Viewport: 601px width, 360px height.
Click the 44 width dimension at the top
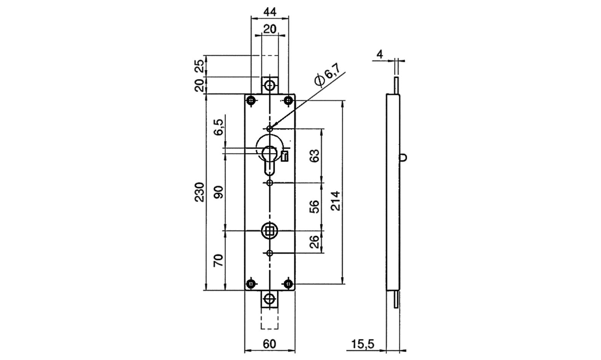[x=270, y=11]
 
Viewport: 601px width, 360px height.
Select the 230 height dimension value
[x=200, y=192]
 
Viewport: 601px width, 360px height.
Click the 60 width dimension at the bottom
[x=269, y=344]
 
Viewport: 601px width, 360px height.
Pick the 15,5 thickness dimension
[x=363, y=344]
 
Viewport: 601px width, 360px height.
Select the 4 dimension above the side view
[x=380, y=54]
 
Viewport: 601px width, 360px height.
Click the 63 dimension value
[x=315, y=156]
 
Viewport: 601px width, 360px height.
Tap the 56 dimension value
[x=315, y=206]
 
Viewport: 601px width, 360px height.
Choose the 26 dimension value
[x=315, y=241]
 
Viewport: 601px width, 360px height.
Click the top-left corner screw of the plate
[x=251, y=101]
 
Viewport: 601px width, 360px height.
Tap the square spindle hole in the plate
[x=270, y=230]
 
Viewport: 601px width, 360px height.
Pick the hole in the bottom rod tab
[x=270, y=299]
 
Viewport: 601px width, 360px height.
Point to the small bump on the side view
[x=404, y=157]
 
